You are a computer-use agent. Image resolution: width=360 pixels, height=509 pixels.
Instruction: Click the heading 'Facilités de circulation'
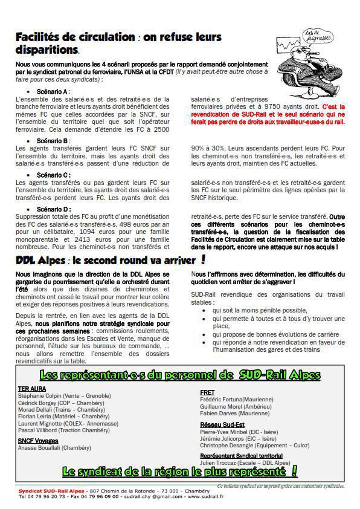75,37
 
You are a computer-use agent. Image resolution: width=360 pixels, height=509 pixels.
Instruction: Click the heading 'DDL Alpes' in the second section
41,260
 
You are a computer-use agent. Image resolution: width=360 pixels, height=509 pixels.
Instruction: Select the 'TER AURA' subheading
33,389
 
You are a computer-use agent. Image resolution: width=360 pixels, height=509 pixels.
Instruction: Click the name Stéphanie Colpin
43,395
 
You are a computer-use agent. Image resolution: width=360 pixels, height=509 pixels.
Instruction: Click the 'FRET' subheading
207,392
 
